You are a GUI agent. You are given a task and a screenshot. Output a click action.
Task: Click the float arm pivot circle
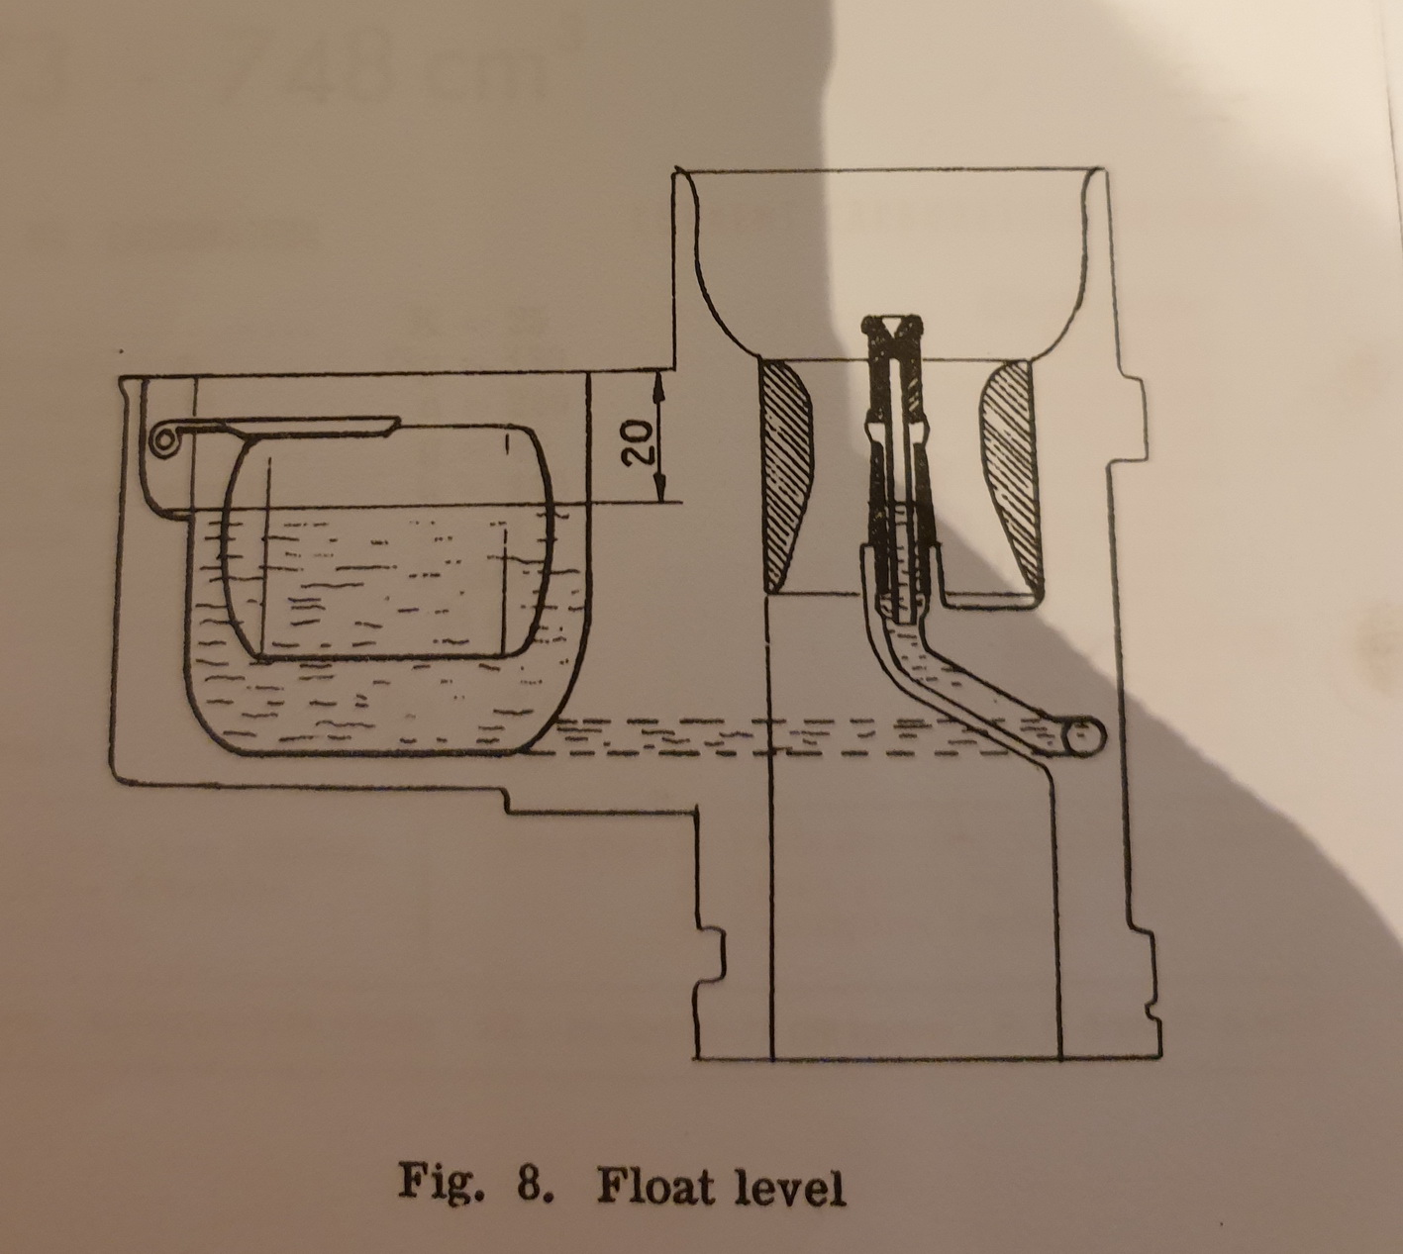161,440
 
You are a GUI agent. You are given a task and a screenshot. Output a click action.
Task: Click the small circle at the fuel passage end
1085,737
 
